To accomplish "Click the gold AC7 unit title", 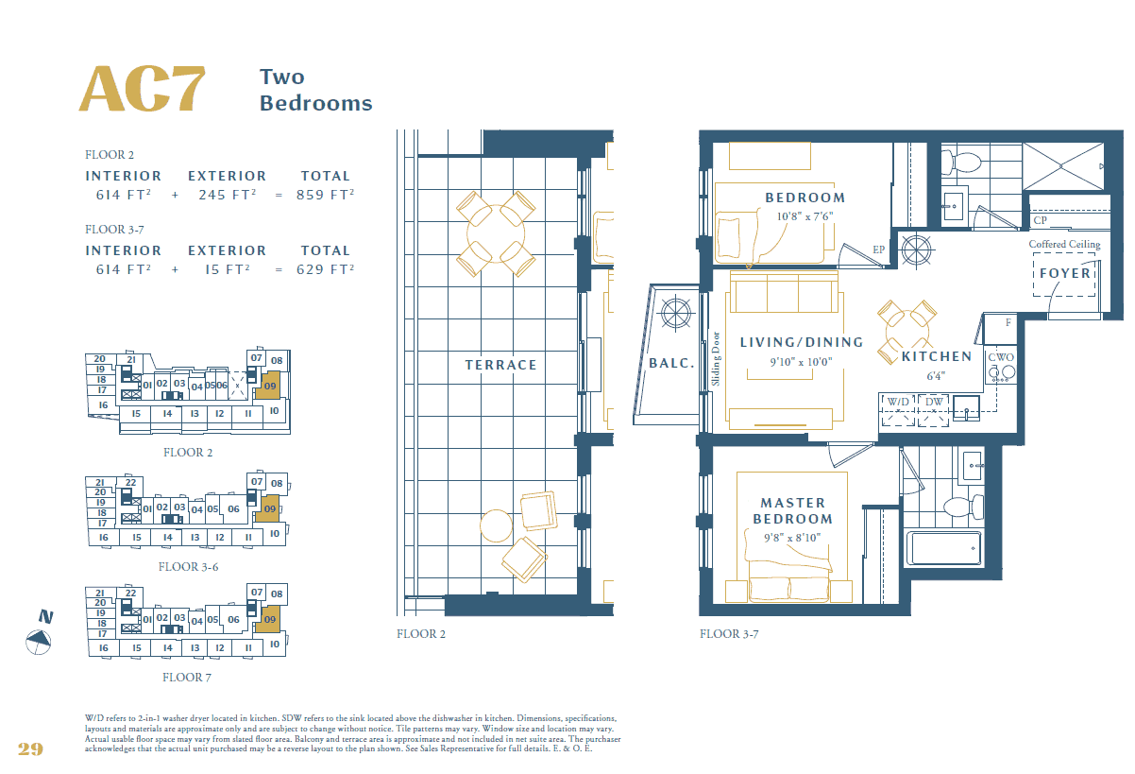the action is [143, 89].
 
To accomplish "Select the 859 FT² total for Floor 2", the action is [326, 195].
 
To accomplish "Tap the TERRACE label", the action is [500, 365].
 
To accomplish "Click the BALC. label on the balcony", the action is [671, 363].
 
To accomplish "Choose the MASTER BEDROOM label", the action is [793, 510].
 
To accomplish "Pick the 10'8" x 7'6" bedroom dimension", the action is [805, 216].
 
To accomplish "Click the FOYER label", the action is [1065, 273].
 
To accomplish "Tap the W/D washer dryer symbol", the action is [898, 410].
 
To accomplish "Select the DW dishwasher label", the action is [934, 402].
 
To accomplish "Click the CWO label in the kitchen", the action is [1001, 357].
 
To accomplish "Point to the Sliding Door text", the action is [716, 358].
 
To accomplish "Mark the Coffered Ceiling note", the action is [1064, 245].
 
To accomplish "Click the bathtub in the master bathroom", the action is [943, 548].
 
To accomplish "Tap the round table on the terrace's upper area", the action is [496, 233].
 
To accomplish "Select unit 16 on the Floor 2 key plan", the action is [103, 404].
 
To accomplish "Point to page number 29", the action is [30, 748].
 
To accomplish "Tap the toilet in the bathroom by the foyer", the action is [961, 163].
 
